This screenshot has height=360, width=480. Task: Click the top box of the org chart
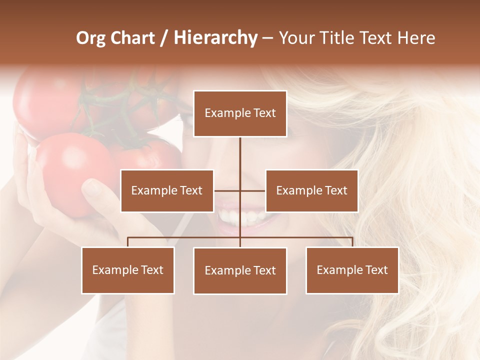240,113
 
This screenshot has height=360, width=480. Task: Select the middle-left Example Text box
167,190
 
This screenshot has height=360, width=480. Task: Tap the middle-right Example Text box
311,190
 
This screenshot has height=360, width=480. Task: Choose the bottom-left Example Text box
128,270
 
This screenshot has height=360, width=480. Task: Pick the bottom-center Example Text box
240,270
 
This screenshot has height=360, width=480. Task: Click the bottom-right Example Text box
352,270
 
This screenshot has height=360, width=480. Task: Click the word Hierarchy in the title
215,38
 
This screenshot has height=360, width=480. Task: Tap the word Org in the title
90,38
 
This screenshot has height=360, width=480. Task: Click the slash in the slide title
164,38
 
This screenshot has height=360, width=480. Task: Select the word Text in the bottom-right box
376,270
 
